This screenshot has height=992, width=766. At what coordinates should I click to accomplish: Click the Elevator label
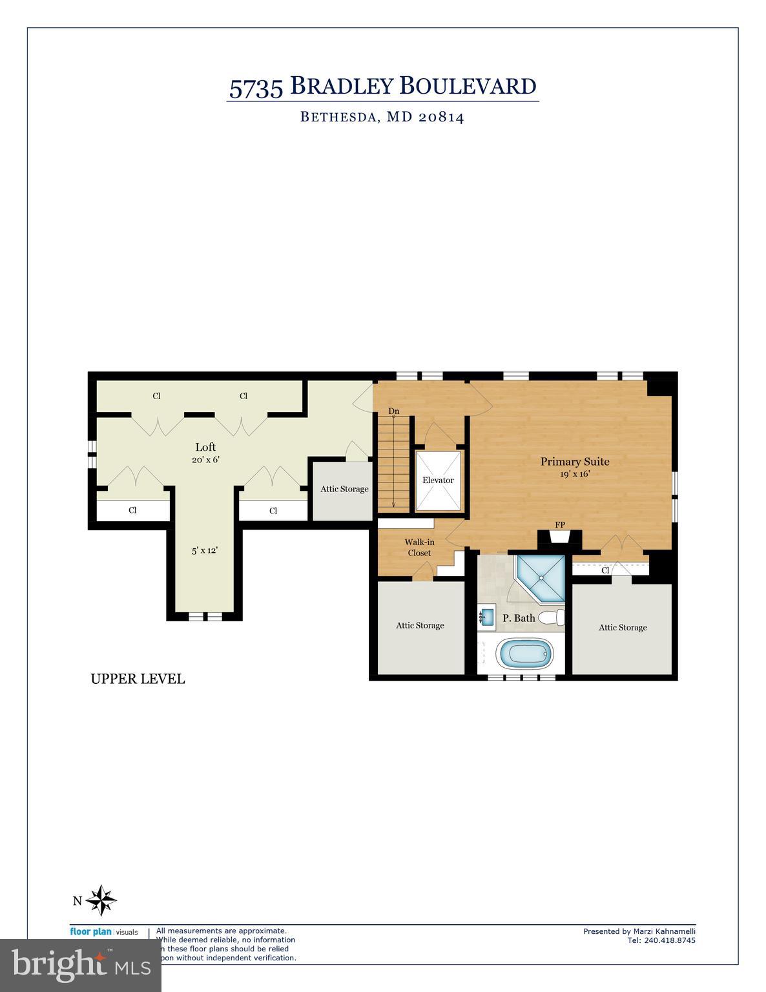click(438, 480)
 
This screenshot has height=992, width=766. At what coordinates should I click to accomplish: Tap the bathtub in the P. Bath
click(525, 654)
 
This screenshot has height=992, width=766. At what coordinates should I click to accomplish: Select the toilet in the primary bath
click(551, 618)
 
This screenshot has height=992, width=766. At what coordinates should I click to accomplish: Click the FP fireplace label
click(559, 524)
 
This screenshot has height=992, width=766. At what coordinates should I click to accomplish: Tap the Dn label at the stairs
click(393, 411)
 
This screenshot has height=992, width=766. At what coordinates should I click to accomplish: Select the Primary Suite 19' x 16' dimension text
click(574, 474)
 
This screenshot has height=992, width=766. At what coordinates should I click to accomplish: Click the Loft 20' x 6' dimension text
click(205, 460)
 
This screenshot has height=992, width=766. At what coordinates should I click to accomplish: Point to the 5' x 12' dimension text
click(204, 551)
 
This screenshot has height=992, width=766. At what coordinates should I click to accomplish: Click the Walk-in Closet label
click(419, 548)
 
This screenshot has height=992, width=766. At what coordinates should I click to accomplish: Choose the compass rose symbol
click(101, 900)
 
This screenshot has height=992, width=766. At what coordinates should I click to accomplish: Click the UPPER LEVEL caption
click(138, 679)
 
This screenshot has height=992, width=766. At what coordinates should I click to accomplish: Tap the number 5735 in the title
click(256, 87)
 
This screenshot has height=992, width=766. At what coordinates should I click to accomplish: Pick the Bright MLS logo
click(81, 965)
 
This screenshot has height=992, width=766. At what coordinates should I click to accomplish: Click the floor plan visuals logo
click(103, 932)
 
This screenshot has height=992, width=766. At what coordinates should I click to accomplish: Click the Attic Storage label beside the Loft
click(344, 489)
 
